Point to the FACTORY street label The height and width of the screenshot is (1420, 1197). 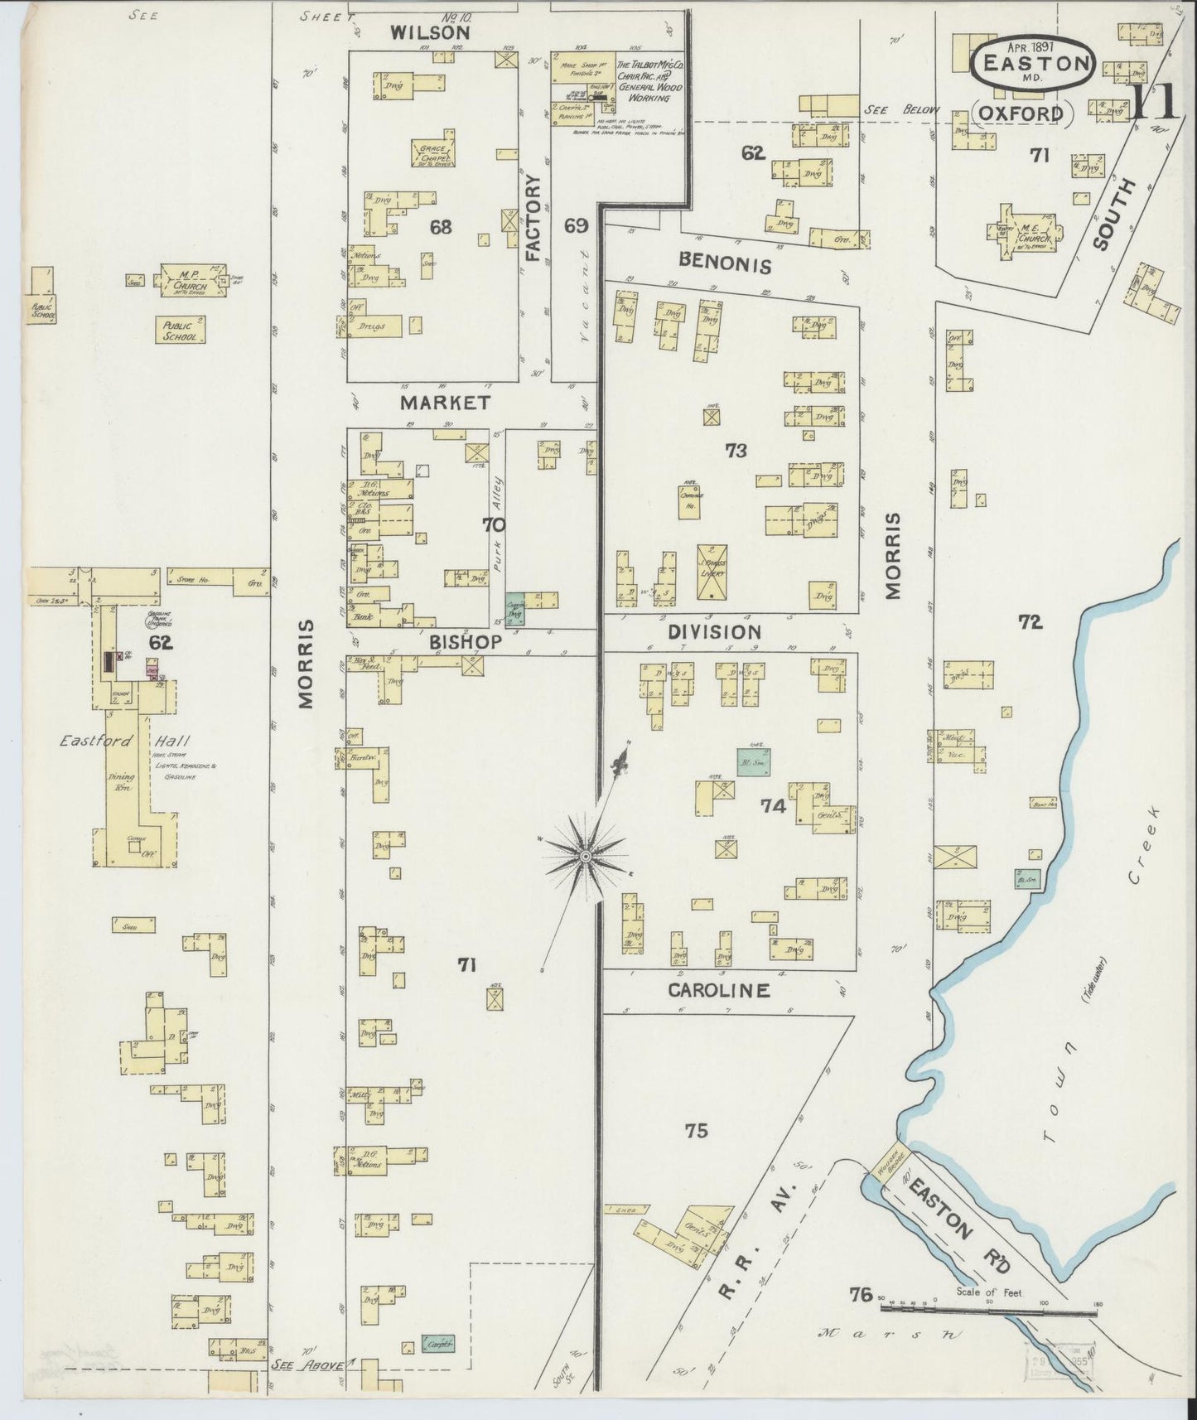coord(532,218)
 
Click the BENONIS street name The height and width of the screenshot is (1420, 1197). coord(724,265)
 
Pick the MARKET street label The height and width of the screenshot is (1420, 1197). coord(444,403)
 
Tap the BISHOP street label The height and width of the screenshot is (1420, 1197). coord(465,641)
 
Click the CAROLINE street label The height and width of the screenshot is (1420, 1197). coord(718,990)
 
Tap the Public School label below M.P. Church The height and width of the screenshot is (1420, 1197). coord(180,330)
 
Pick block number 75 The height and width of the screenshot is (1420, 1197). coord(697,1130)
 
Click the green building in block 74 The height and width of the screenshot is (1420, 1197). coord(754,760)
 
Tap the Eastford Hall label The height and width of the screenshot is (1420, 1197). coord(103,741)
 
